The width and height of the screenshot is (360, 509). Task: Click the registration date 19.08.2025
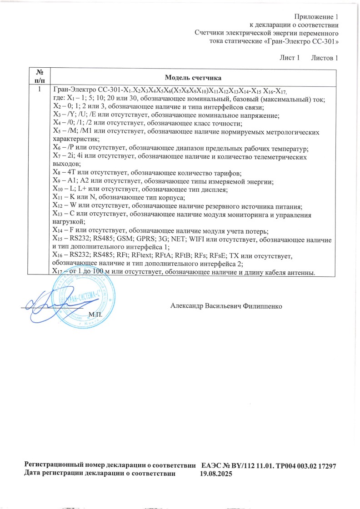pos(216,474)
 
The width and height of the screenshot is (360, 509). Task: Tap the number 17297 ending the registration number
pos(325,466)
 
